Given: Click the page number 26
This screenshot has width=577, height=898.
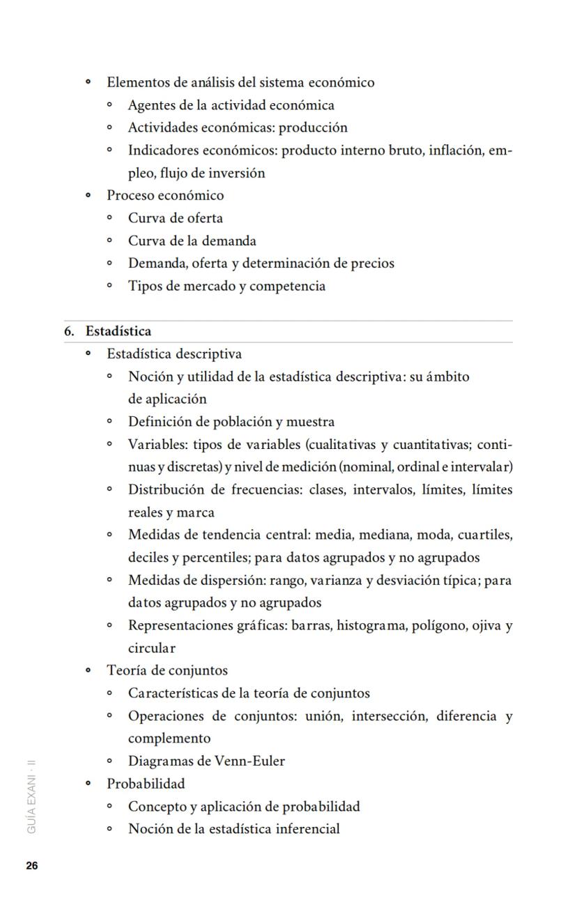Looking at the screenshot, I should [32, 866].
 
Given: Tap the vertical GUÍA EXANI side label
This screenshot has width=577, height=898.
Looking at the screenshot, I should [32, 797].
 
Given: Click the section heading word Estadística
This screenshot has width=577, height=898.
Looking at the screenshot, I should [118, 331].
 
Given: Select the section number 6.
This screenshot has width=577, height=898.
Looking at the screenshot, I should [69, 331].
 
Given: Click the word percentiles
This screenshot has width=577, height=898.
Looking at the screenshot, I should [215, 558].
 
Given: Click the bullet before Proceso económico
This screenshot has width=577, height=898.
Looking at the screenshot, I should [88, 196].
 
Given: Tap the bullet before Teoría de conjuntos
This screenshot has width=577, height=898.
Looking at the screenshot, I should [88, 671].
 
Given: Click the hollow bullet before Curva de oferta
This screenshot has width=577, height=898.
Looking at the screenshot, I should [109, 218].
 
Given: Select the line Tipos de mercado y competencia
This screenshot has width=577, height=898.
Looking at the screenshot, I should [226, 287].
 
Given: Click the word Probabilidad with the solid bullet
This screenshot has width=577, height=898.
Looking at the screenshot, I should [146, 784].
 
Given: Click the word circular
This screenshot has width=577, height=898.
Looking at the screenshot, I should [151, 648].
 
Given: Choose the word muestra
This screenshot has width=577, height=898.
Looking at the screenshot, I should [310, 422].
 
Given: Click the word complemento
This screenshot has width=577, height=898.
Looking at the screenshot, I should [169, 738].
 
